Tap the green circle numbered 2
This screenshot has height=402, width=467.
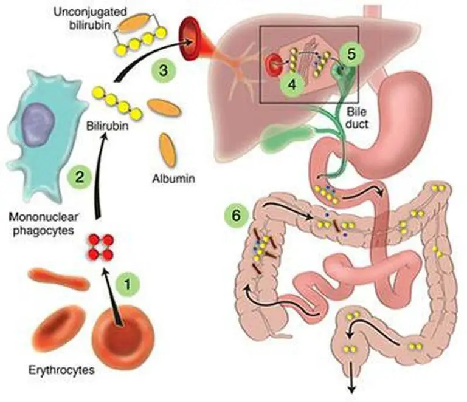pos(80,177)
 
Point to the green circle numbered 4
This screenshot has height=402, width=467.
pos(292,83)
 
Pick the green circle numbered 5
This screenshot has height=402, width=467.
pos(351,53)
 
